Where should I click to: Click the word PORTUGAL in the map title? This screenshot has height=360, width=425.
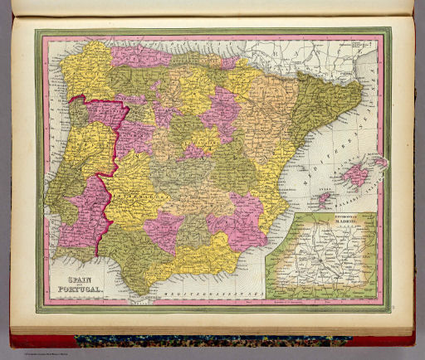click(79, 290)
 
